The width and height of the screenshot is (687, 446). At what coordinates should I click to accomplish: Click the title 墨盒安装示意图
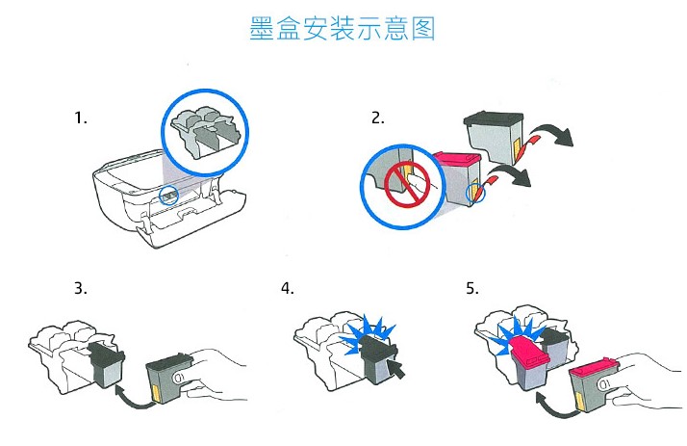pos(343,29)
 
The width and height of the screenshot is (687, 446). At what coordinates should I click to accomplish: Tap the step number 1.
pos(81,118)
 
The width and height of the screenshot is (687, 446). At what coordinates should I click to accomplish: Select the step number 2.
pos(378,118)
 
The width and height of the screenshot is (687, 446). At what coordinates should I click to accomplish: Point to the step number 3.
pos(81,288)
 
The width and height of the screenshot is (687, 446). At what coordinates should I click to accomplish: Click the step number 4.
pos(288,288)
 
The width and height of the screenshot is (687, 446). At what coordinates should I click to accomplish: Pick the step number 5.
pos(472,288)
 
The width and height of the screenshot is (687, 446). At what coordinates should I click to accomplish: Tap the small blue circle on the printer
pos(168,195)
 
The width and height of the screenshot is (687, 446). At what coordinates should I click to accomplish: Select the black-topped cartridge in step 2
pos(494,137)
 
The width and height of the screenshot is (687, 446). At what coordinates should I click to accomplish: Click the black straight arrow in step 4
pos(396,369)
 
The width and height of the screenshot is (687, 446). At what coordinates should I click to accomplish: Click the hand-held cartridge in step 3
pos(169,379)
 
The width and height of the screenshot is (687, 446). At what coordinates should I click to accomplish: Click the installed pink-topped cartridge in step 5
pos(531,363)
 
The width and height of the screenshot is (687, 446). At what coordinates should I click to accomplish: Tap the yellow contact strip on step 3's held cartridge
pos(156,395)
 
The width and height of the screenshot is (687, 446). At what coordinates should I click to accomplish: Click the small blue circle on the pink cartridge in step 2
pos(475,193)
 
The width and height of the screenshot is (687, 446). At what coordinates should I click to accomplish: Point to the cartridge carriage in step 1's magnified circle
pos(205,130)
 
